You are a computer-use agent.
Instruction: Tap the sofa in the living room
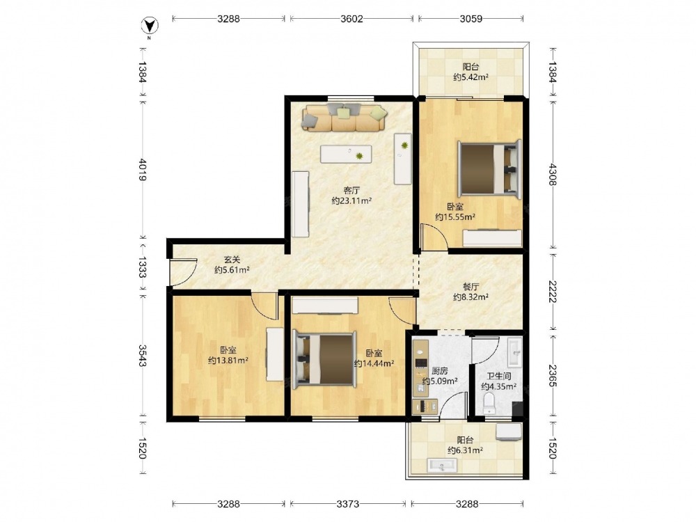coord(345,118)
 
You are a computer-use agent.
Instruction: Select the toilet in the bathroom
coord(490,402)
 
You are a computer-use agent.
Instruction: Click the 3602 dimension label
coord(351,19)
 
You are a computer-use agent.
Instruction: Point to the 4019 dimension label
coord(143,169)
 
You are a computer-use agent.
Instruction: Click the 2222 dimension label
coord(552,291)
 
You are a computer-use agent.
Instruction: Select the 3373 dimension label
coord(348,504)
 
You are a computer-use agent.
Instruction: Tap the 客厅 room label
coord(351,191)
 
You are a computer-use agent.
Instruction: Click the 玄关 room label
coord(231,260)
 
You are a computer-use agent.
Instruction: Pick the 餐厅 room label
coord(471,287)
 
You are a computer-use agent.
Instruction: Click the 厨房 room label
coord(439,371)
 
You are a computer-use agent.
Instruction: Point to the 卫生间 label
coord(499,376)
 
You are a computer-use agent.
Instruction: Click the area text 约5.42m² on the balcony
coord(471,77)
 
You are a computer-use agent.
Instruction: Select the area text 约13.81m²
coord(228,361)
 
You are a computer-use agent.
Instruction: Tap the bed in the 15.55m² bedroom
coord(489,168)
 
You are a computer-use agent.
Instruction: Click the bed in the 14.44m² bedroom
coord(324,359)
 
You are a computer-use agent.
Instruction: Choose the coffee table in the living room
coord(346,154)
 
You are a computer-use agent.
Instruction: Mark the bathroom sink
coord(515,353)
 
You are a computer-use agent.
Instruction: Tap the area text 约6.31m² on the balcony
coord(465,450)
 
